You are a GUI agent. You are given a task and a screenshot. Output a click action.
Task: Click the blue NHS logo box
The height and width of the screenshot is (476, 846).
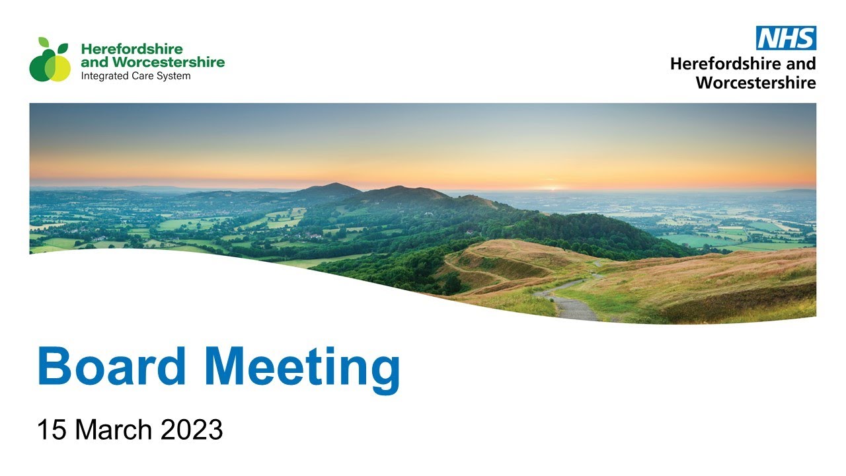coord(786,38)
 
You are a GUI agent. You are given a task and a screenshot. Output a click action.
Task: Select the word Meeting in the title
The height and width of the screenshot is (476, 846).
coord(302,367)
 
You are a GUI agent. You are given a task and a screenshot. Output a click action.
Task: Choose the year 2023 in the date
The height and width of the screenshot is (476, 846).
coord(192,430)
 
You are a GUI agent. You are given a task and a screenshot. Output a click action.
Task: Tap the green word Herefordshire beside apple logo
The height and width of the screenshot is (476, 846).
coord(132,49)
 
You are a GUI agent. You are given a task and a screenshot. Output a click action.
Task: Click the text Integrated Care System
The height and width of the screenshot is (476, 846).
coord(135,76)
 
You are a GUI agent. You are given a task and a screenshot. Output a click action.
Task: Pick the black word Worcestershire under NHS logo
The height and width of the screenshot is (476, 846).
coord(755,83)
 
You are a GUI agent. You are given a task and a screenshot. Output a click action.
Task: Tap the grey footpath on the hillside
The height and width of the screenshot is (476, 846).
coord(572,305)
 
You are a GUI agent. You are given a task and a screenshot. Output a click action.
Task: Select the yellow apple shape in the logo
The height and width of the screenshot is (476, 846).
coord(59,67)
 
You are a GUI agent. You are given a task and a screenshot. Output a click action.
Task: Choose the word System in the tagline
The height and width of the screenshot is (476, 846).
coord(174,76)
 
